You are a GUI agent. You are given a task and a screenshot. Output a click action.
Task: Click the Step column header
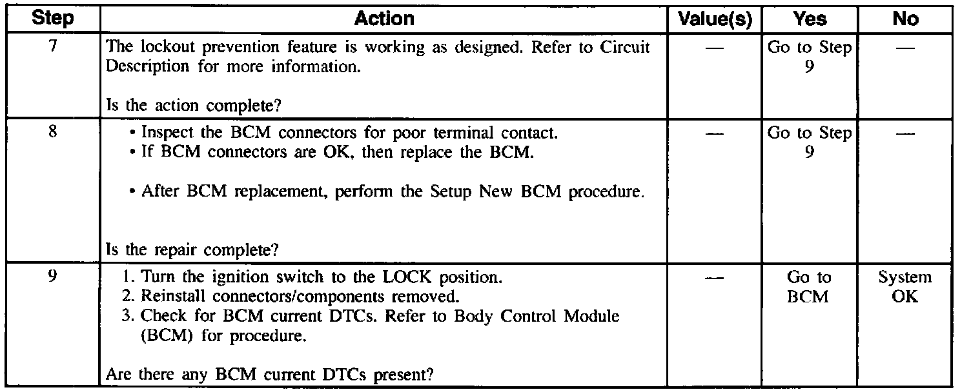[x=53, y=19]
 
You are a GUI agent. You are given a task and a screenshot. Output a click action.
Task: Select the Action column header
[x=384, y=19]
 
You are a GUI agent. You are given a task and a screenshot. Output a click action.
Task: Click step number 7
[x=53, y=47]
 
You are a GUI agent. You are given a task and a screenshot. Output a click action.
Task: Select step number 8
[x=53, y=133]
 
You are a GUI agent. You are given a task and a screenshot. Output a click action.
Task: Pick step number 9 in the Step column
[x=53, y=278]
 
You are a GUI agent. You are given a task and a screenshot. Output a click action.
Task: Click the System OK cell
[x=905, y=288]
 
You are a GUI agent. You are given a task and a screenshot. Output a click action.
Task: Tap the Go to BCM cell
[x=810, y=288]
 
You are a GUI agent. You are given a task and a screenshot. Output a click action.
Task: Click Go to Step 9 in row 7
[x=810, y=57]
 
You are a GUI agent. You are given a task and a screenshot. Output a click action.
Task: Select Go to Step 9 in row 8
[x=810, y=143]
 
